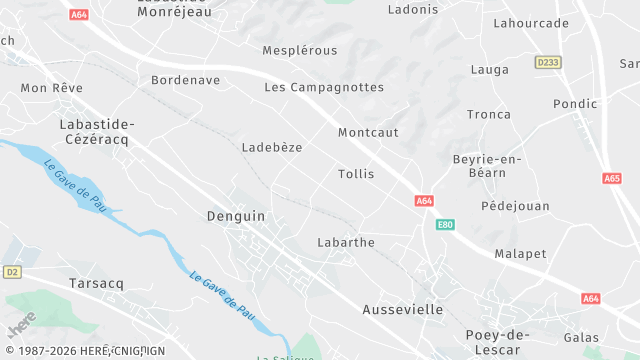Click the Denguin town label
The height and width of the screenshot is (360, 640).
coord(236,215)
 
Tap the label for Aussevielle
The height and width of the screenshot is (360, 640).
coord(402,310)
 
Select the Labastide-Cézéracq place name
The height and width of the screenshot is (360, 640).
coord(96,131)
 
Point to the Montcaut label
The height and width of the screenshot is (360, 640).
coord(368,132)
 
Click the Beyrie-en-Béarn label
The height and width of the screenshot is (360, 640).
coord(488,167)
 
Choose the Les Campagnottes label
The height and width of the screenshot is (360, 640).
coord(324,87)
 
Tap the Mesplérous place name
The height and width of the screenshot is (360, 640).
coord(300,50)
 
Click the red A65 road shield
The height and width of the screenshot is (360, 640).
coord(612,178)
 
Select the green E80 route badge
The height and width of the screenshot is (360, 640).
coord(445,225)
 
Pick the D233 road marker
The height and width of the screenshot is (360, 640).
coord(547,62)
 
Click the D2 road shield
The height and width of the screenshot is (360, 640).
coord(12,271)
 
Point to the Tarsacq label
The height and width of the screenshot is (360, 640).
coord(96,284)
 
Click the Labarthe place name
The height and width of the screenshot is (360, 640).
coord(345,242)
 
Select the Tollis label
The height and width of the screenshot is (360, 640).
coord(356,174)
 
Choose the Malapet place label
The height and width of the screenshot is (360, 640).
coord(520,254)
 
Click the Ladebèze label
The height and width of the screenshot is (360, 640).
coord(272,147)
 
